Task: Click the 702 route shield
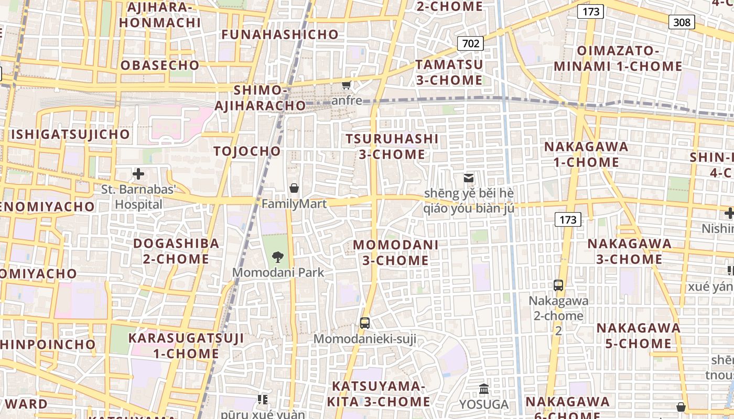pyautogui.click(x=470, y=43)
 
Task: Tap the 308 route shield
pyautogui.click(x=682, y=22)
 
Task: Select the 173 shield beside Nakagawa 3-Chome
pyautogui.click(x=568, y=219)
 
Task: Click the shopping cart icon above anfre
pyautogui.click(x=346, y=85)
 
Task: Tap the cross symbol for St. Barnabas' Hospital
pyautogui.click(x=138, y=173)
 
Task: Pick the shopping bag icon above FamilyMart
pyautogui.click(x=294, y=188)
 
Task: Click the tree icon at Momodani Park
pyautogui.click(x=278, y=257)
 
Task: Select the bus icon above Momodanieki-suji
pyautogui.click(x=365, y=323)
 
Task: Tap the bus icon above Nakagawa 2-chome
pyautogui.click(x=558, y=285)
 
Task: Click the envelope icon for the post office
pyautogui.click(x=469, y=178)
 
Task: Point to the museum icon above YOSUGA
pyautogui.click(x=484, y=389)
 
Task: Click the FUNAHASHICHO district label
pyautogui.click(x=280, y=35)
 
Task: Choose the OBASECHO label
pyautogui.click(x=160, y=65)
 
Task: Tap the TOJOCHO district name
pyautogui.click(x=247, y=151)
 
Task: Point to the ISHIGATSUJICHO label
pyautogui.click(x=70, y=134)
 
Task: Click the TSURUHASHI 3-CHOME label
pyautogui.click(x=392, y=146)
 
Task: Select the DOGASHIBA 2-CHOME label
pyautogui.click(x=176, y=251)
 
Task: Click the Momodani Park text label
pyautogui.click(x=278, y=272)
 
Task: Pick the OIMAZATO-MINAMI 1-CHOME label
pyautogui.click(x=618, y=59)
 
